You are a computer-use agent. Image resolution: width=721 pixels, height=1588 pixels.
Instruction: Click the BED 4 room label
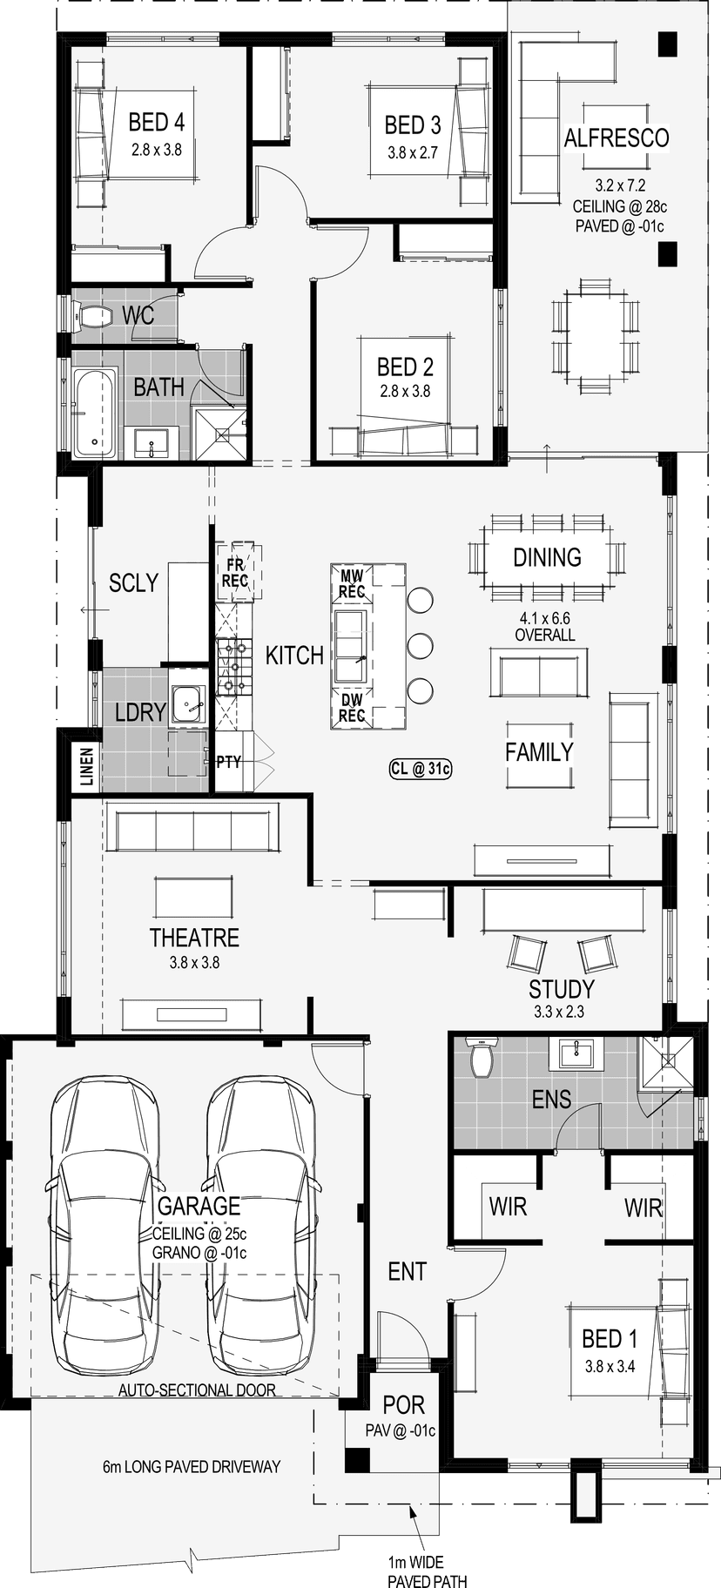156,122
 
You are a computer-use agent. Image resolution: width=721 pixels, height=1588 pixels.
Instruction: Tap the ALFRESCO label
617,138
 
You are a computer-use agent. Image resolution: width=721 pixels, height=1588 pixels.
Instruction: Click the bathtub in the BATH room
95,413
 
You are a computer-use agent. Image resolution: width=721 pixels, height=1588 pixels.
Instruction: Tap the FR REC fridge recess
235,572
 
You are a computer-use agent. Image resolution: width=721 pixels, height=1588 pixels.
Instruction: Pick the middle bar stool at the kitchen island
420,645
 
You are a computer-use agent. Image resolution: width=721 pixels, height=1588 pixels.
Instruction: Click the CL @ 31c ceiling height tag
421,769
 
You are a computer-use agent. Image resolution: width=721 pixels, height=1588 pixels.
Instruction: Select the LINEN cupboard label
86,766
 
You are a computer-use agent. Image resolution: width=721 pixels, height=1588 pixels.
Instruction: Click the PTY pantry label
228,762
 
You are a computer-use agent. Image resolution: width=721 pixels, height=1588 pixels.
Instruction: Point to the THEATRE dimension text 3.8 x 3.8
194,963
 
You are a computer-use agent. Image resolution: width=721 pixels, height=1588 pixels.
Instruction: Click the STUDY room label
562,989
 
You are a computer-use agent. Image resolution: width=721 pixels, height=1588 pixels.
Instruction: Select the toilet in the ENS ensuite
482,1056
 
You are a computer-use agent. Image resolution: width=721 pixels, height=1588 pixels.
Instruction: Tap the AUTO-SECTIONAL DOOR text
197,1389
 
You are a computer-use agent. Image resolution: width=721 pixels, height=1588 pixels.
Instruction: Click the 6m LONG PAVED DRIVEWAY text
192,1466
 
